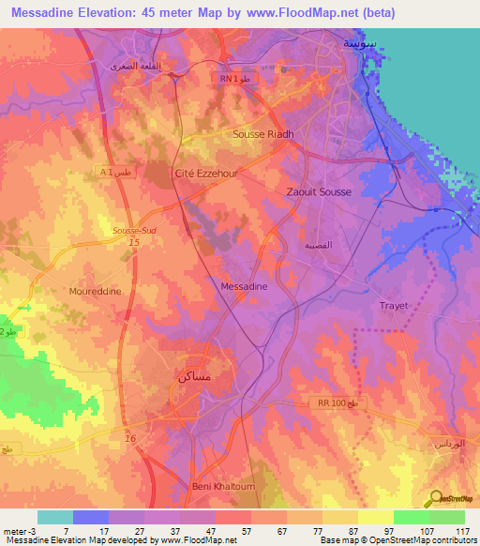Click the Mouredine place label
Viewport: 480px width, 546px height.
[95, 292]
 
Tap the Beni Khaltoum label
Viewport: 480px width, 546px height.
[217, 487]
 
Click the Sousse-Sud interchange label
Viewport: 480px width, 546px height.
[135, 230]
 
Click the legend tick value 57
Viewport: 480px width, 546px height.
[242, 532]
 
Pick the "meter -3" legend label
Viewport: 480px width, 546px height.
[17, 532]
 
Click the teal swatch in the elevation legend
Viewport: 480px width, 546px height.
[54, 517]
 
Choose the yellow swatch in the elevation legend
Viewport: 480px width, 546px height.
[376, 517]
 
